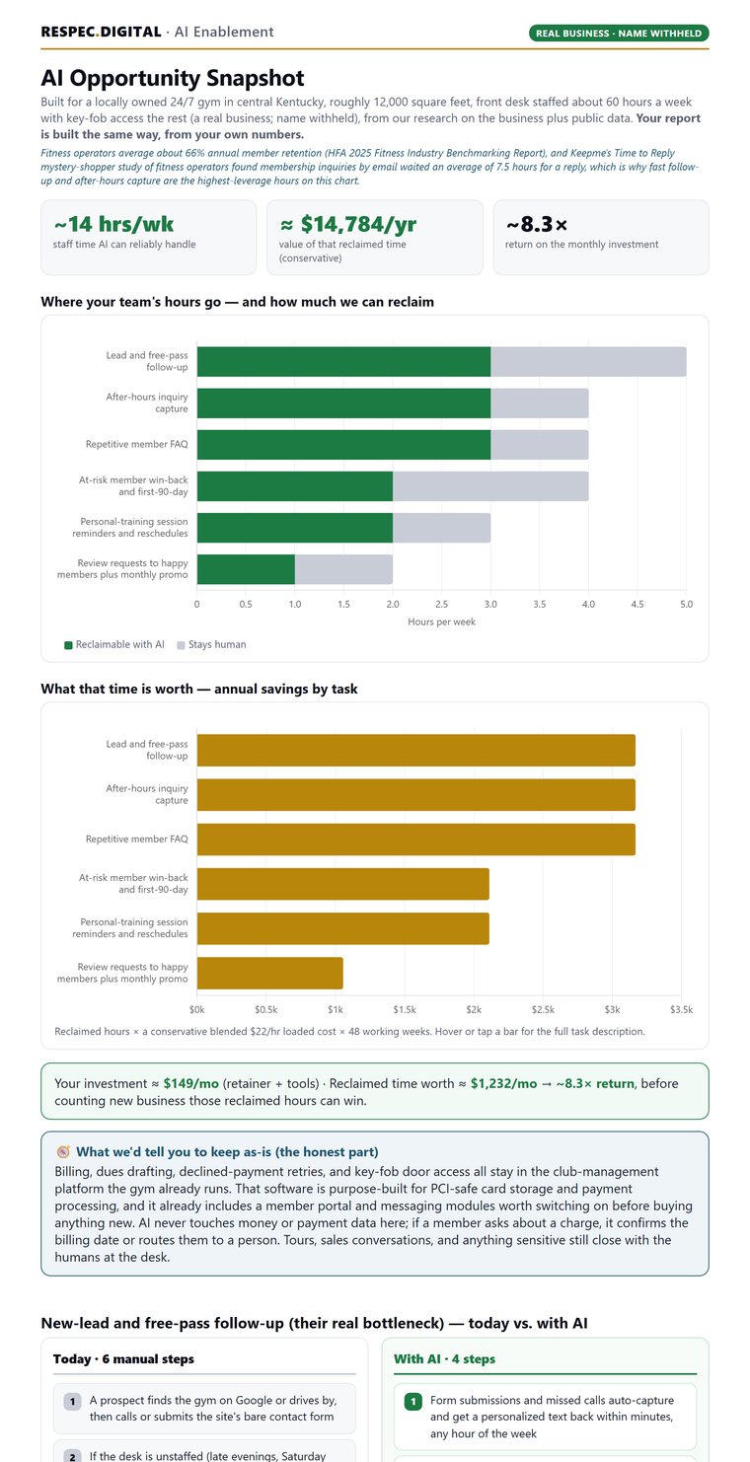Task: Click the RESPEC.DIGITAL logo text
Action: [x=101, y=32]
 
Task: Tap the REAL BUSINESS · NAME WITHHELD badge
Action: [x=618, y=34]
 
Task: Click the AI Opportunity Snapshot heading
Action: [x=173, y=78]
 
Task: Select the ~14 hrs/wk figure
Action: [x=113, y=225]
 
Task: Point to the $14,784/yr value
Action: [x=348, y=225]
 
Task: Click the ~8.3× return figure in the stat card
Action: [x=537, y=225]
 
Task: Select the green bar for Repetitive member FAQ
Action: [x=343, y=445]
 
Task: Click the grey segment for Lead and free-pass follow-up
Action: [x=588, y=362]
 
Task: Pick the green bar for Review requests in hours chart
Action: [x=246, y=569]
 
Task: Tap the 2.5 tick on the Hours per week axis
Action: [x=441, y=605]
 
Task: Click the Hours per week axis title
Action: [x=441, y=622]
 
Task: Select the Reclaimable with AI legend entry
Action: [x=114, y=645]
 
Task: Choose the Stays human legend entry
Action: [x=211, y=645]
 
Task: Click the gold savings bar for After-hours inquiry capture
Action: [x=415, y=795]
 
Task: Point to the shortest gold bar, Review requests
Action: [x=269, y=973]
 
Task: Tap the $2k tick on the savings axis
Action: [x=474, y=1010]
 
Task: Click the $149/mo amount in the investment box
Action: [x=190, y=1083]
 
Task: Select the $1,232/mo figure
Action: [x=503, y=1083]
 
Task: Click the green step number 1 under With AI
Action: [x=412, y=1401]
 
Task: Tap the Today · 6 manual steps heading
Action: [x=123, y=1358]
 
